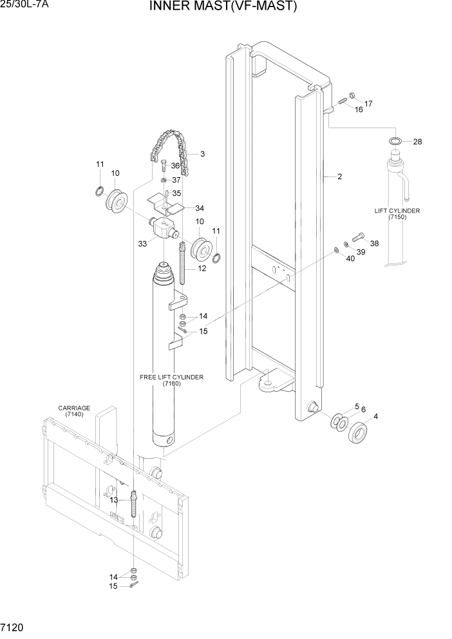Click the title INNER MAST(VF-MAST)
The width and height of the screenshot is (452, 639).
point(223,7)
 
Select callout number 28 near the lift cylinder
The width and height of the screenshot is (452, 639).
point(417,142)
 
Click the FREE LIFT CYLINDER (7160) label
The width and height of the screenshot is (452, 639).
point(171,380)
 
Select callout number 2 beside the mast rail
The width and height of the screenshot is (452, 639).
point(339,176)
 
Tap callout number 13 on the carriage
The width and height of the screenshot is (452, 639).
point(113,500)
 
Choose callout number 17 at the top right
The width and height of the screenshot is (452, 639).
point(368,104)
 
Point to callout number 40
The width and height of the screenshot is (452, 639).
point(350,259)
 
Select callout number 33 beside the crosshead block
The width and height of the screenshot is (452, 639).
point(142,243)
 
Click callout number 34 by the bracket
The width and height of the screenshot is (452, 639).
point(200,208)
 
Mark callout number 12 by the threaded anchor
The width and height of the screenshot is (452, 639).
point(202,268)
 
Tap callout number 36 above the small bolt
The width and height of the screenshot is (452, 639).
point(175,166)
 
